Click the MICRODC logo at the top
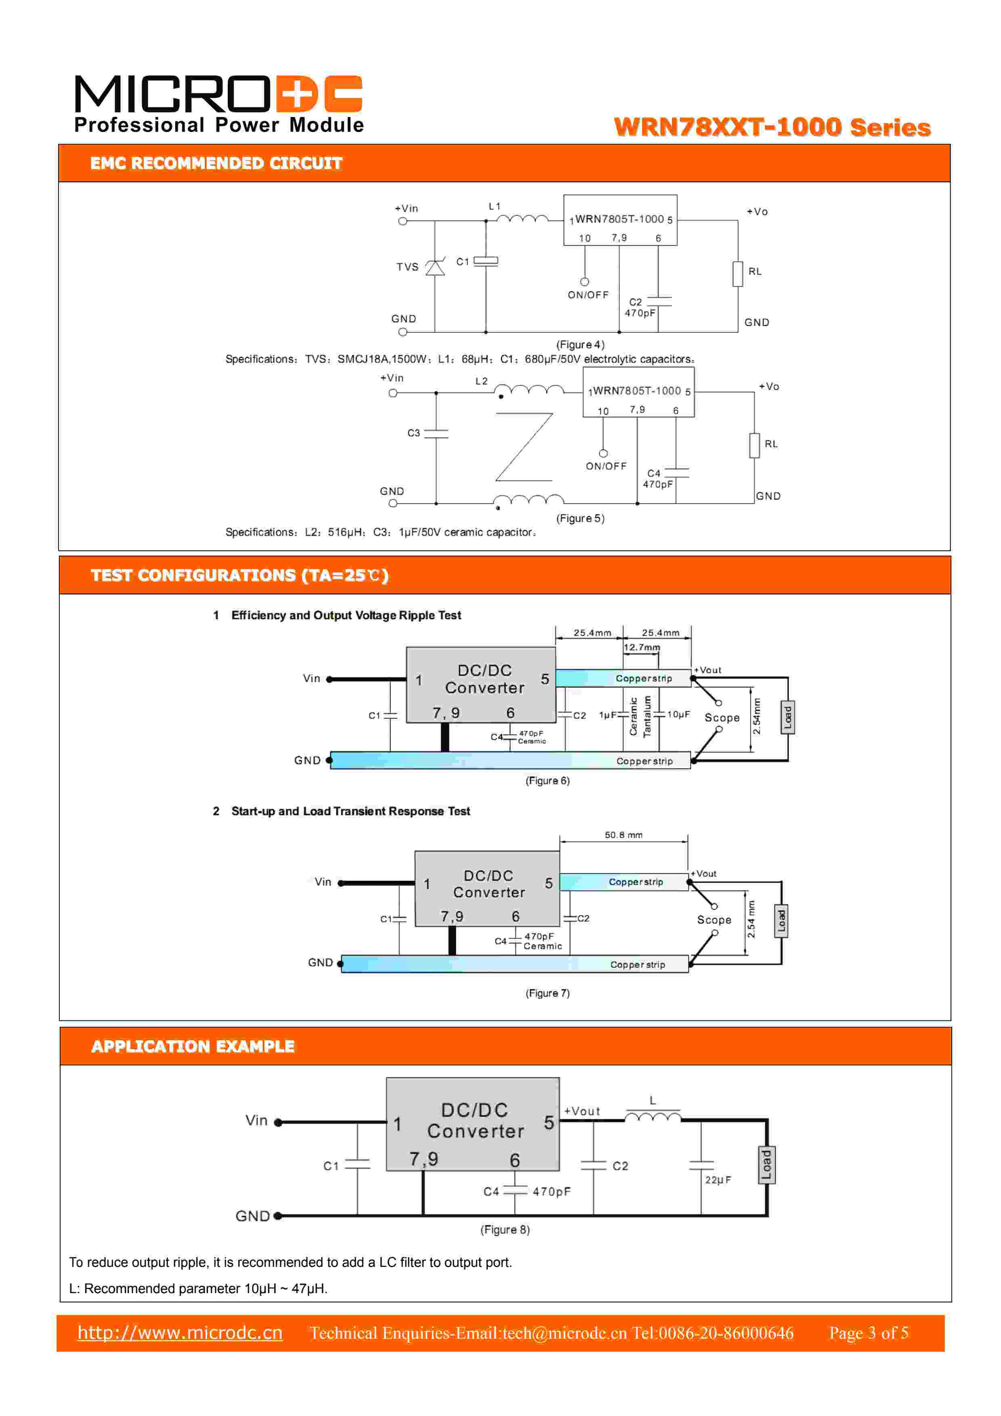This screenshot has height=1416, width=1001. pos(219,103)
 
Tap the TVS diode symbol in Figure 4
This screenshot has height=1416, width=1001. pos(435,268)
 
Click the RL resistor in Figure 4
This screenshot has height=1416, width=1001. pos(737,274)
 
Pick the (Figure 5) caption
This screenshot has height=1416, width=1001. pos(580,518)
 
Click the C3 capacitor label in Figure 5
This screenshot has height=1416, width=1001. pos(413,433)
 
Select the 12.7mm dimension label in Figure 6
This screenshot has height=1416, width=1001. pos(641,647)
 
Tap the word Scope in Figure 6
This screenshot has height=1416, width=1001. pos(722,718)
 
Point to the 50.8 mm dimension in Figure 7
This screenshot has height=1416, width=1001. pos(623,835)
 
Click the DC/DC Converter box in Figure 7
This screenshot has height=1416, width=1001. pos(487,889)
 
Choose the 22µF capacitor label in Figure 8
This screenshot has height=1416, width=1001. pos(718,1180)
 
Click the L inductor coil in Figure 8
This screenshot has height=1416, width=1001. pos(653,1117)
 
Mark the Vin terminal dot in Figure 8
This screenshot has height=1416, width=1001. pos(278,1123)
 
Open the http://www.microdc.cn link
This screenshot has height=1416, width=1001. pos(180,1333)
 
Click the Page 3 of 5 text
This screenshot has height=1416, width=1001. pos(869,1333)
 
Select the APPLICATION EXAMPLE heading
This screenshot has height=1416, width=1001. pos(193,1047)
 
